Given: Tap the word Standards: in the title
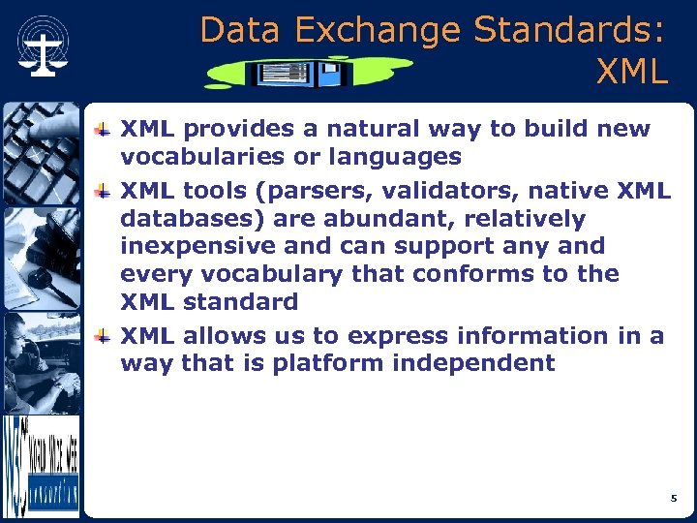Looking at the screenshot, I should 569,31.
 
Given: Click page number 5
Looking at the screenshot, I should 673,498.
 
